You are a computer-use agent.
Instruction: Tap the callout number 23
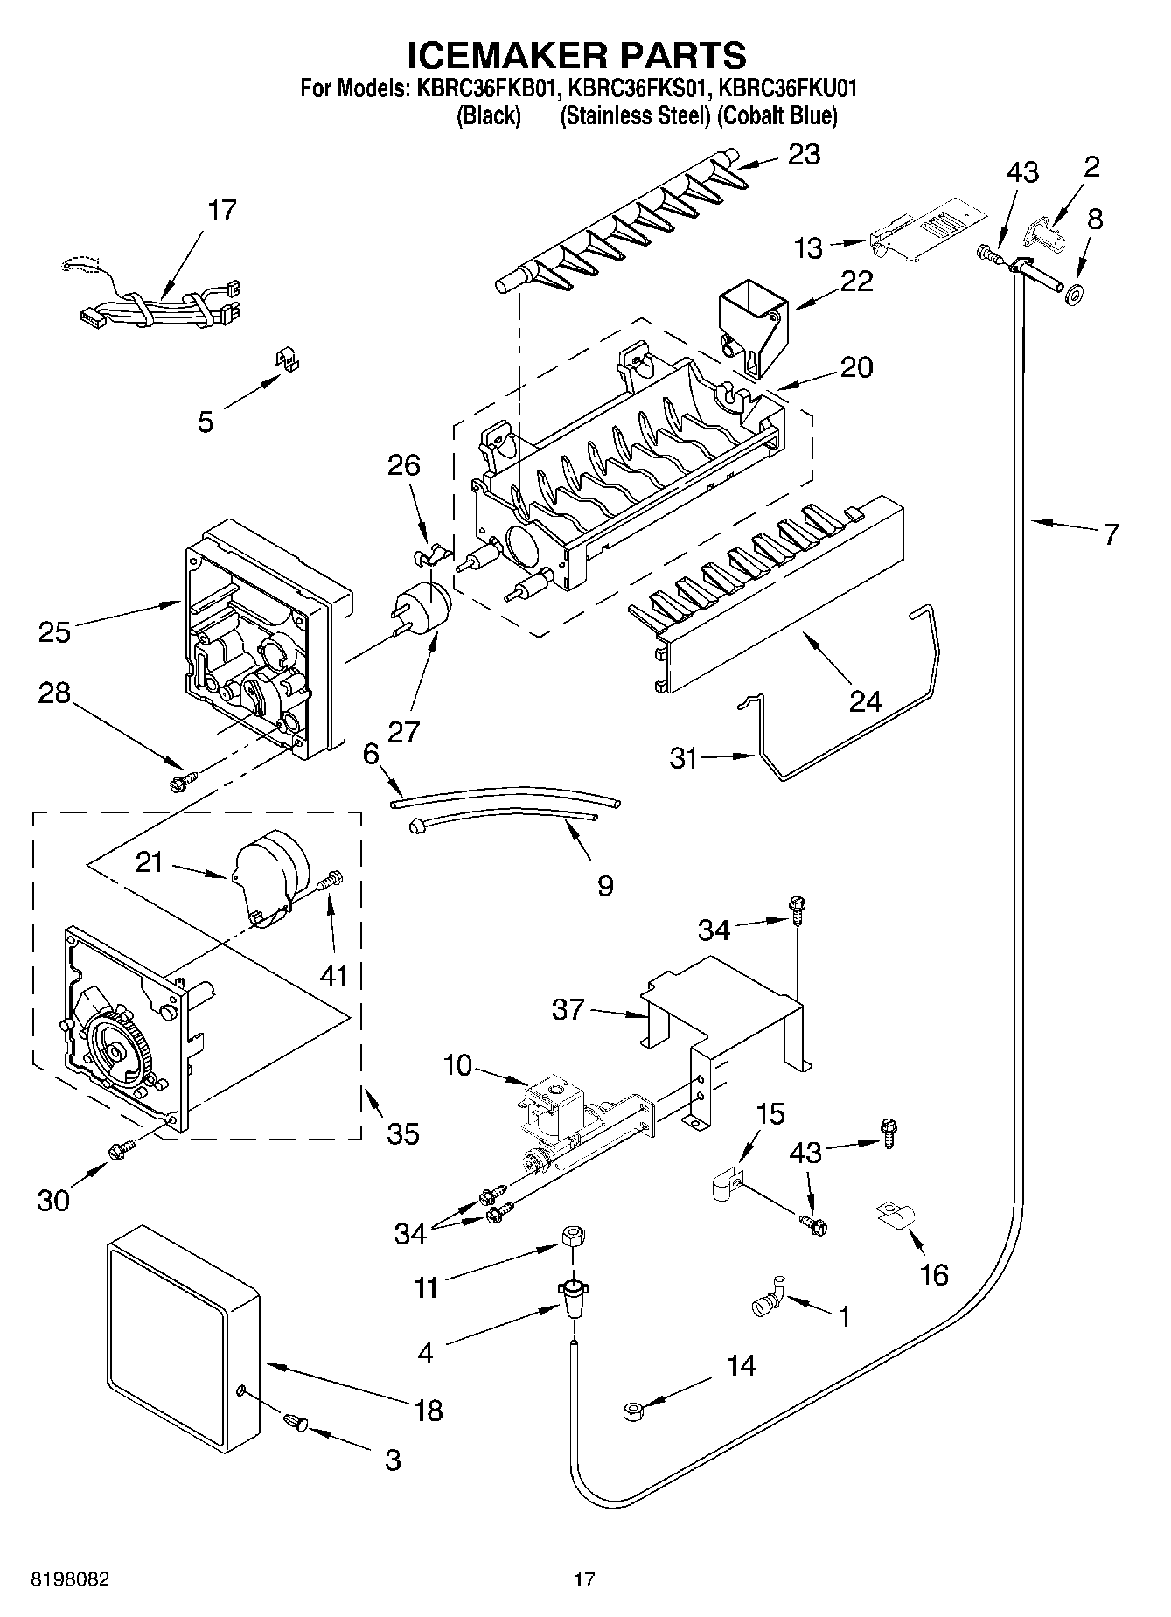click(x=804, y=154)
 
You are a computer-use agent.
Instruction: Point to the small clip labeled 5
click(x=284, y=359)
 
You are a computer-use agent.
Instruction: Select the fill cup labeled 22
click(x=751, y=330)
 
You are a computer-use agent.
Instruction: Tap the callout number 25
click(x=53, y=631)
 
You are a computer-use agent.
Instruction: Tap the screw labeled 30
click(x=122, y=1150)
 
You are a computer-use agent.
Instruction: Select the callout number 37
click(x=568, y=1010)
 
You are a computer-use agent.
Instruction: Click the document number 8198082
click(x=71, y=1580)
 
